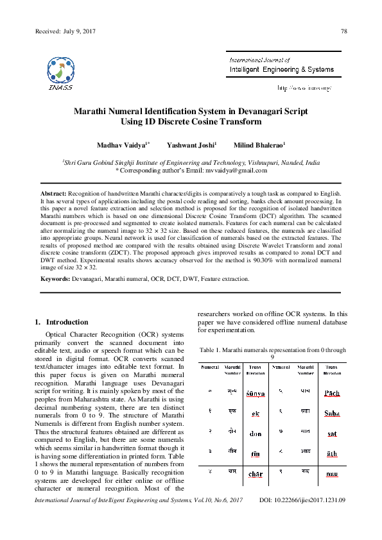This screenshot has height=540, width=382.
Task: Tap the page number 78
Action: (343, 31)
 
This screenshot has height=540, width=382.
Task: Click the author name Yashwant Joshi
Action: (191, 146)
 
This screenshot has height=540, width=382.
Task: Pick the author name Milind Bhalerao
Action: (259, 146)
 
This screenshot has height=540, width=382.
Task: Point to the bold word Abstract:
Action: (53, 193)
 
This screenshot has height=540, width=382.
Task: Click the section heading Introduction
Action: (64, 321)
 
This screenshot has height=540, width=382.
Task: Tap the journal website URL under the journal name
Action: (304, 87)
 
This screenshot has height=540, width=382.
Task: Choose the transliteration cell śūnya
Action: (256, 392)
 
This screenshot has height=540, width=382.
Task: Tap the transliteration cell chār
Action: (256, 475)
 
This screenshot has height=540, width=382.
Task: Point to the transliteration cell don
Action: (256, 433)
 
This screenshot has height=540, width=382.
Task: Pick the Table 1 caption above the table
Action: (273, 353)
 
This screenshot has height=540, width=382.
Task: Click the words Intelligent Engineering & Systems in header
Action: (281, 69)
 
